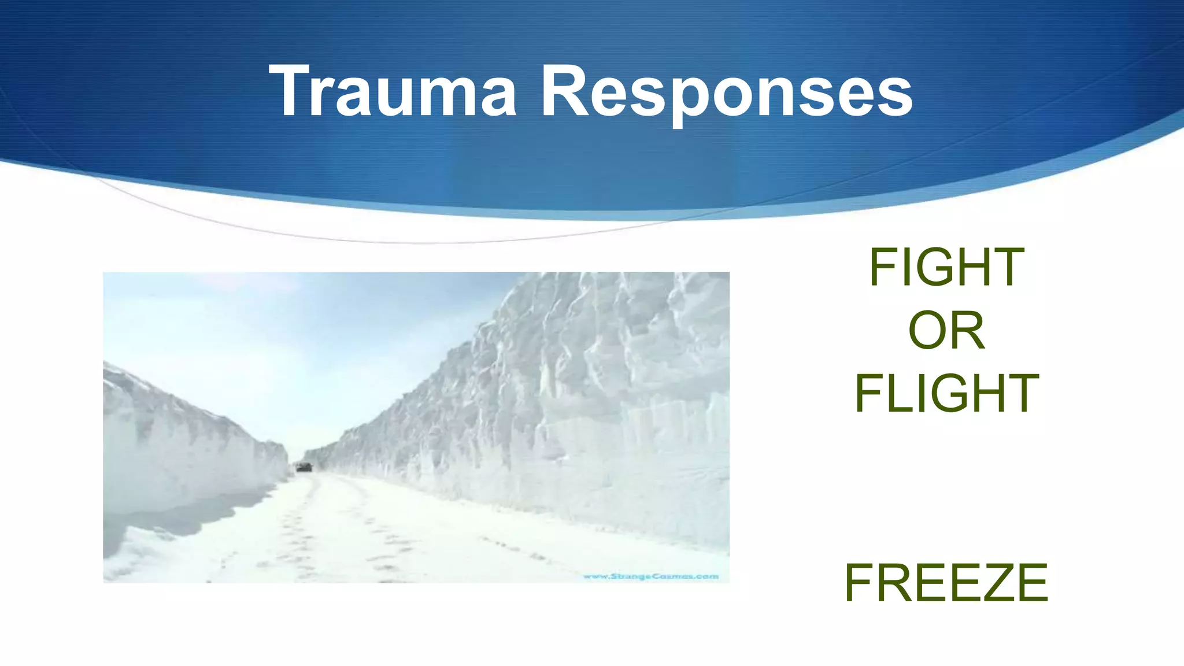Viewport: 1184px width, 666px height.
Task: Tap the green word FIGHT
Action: pyautogui.click(x=946, y=267)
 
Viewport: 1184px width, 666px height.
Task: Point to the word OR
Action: pyautogui.click(x=946, y=330)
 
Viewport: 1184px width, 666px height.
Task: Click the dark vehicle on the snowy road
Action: pyautogui.click(x=304, y=467)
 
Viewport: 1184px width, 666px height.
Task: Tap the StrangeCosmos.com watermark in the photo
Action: pyautogui.click(x=650, y=576)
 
